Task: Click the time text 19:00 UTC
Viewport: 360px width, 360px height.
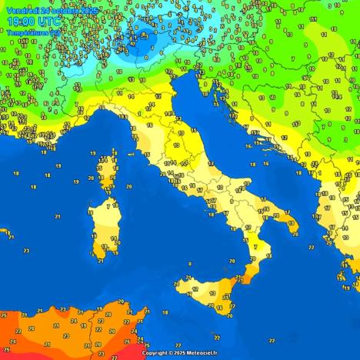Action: coord(25,22)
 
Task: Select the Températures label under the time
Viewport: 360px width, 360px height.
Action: coord(29,33)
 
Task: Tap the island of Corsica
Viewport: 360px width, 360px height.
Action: coord(102,174)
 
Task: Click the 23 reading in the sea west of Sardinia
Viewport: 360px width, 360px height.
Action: coord(26,251)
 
